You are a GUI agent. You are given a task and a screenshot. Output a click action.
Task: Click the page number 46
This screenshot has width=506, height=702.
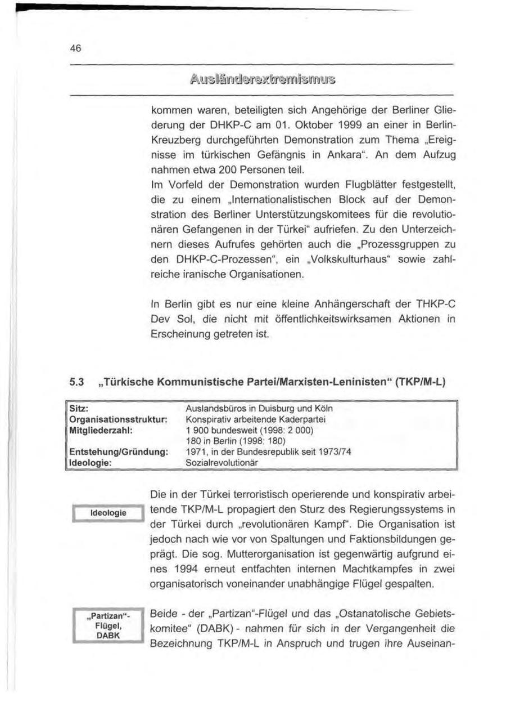click(x=76, y=48)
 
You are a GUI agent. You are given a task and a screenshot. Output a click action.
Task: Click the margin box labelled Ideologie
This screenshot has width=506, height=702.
click(x=108, y=512)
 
